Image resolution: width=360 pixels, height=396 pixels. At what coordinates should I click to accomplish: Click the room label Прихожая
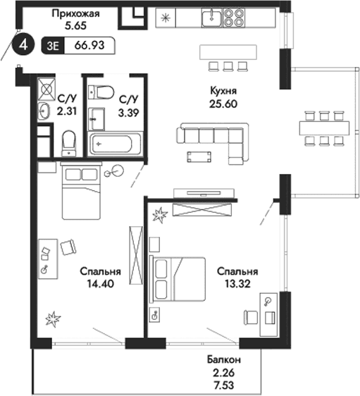[75, 12]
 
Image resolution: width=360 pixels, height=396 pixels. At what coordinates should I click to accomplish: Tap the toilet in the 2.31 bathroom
[70, 143]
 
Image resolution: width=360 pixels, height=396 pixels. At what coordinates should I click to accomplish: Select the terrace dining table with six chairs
[324, 128]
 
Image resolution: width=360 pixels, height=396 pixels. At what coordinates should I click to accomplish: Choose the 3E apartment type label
[53, 46]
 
